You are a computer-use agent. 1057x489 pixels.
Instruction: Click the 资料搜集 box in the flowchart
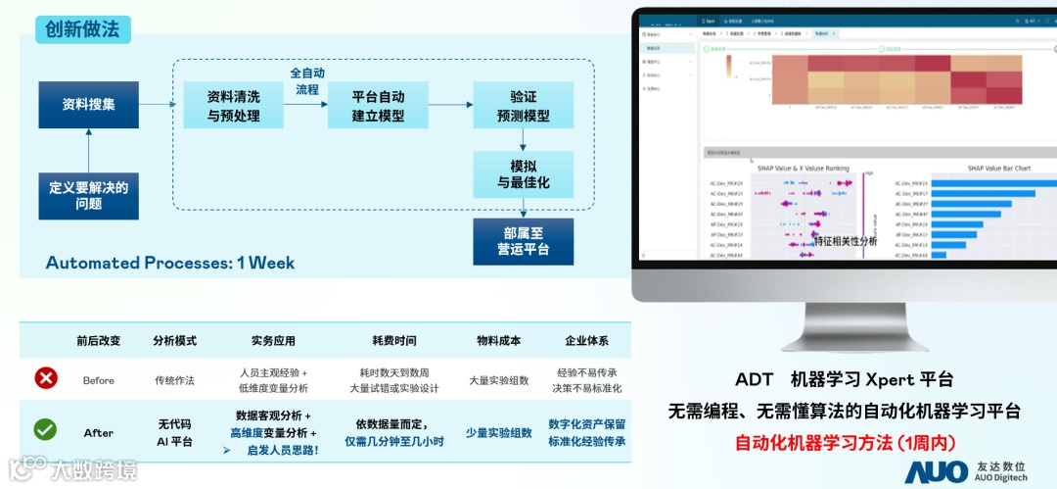tap(88, 105)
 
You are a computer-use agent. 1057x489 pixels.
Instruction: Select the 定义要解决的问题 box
tap(88, 195)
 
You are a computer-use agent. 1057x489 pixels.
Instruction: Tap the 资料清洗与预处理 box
tap(233, 106)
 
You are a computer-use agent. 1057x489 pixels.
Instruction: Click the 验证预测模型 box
tap(524, 106)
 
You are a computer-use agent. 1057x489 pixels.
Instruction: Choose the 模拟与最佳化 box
tap(524, 174)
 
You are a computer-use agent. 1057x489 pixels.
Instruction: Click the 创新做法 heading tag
tap(82, 29)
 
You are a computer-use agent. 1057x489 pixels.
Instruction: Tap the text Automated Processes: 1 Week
tap(170, 263)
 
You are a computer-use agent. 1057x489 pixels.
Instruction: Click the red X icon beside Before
tap(45, 378)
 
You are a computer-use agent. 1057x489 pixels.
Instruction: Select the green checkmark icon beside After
tap(45, 429)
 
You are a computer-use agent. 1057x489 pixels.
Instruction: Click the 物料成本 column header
tap(498, 341)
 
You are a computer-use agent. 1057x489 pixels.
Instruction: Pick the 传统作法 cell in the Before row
tap(175, 380)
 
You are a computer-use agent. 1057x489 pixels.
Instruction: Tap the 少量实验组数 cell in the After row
tap(498, 432)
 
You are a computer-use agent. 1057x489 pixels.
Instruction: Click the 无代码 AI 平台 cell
tap(175, 432)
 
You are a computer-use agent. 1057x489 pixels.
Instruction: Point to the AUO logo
tap(936, 471)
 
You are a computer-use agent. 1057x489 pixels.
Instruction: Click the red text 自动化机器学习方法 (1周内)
tap(845, 441)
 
